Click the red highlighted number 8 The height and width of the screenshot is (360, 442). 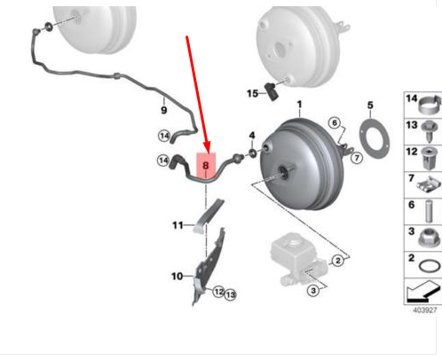(206, 166)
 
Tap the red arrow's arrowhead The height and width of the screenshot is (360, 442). (207, 147)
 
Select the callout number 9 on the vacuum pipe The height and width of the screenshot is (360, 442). (163, 110)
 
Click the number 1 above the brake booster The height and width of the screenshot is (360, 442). (300, 105)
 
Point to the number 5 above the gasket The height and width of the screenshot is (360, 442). (370, 106)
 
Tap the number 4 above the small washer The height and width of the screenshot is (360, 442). (252, 136)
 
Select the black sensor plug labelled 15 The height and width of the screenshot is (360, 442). (271, 91)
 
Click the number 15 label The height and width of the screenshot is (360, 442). (252, 94)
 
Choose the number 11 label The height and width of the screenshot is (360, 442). (178, 225)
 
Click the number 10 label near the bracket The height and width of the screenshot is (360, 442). (177, 277)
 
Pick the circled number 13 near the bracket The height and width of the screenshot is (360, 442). (230, 294)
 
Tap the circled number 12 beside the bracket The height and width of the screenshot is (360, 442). (218, 292)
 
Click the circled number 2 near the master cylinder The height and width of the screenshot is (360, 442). (337, 261)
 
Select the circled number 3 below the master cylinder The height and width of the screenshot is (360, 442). (313, 291)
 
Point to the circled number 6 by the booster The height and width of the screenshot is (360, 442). (335, 122)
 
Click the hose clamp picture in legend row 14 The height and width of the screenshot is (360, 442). (429, 105)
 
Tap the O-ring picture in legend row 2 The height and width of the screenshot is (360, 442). (430, 266)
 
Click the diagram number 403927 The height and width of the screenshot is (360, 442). (425, 310)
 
